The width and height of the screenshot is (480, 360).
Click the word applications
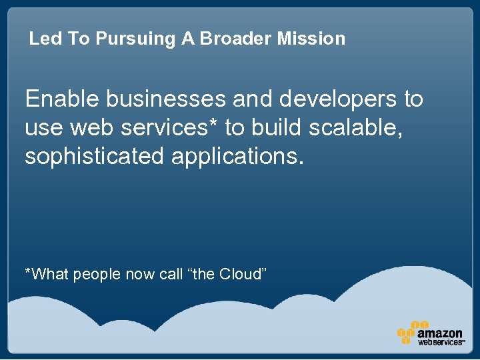point(237,157)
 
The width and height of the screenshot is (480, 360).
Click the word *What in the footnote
point(47,274)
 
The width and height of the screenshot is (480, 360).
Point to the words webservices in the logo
point(440,342)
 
